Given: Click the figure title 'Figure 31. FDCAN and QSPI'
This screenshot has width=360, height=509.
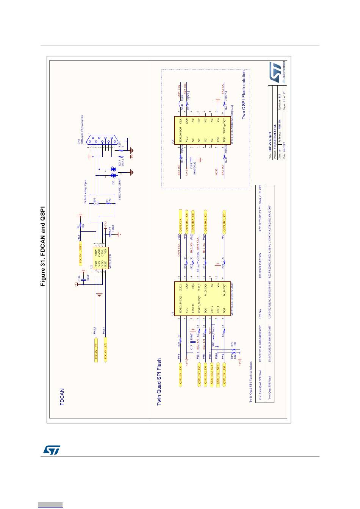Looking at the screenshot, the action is tap(43, 246).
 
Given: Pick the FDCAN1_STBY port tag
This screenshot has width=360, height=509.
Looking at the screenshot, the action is tap(80, 253).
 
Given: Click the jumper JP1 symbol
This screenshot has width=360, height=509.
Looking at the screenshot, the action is tap(96, 203).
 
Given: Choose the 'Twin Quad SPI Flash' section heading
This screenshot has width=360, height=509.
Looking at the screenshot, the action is tap(160, 383).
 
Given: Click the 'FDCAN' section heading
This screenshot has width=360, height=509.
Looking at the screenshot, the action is tap(62, 397).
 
